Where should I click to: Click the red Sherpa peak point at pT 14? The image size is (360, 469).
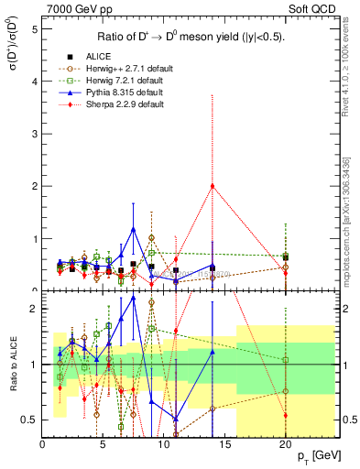(x=213, y=186)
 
